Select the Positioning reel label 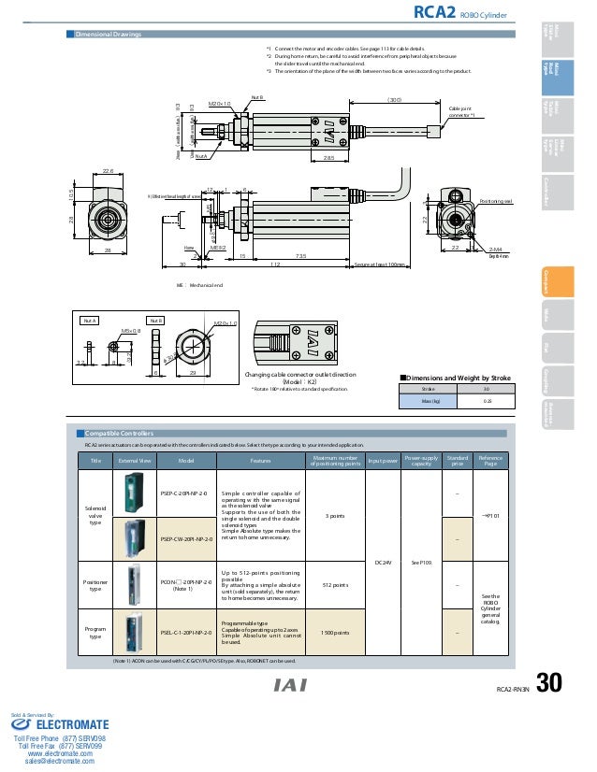pyautogui.click(x=495, y=201)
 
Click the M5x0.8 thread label pyautogui.click(x=131, y=330)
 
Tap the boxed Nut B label pyautogui.click(x=154, y=320)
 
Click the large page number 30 pyautogui.click(x=549, y=685)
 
